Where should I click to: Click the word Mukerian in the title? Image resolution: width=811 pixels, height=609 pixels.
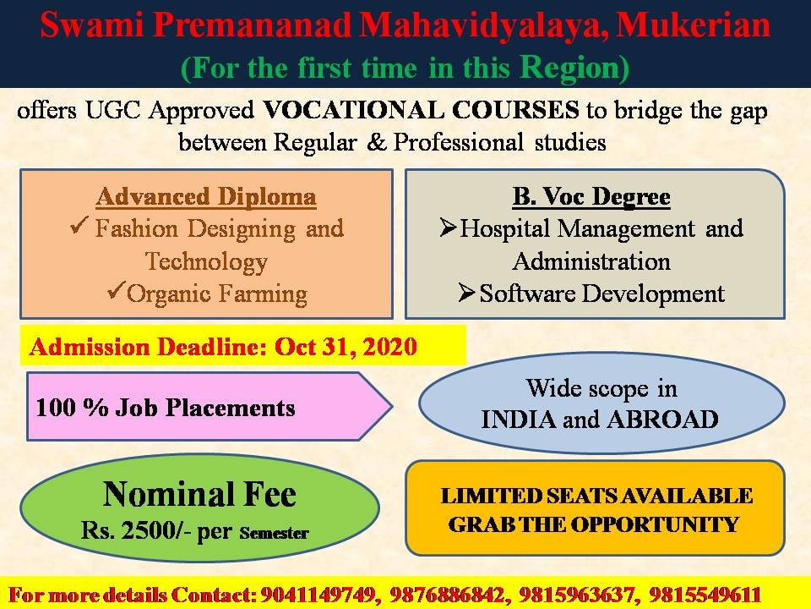693,25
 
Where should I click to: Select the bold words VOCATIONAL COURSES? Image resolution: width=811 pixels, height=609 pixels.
421,110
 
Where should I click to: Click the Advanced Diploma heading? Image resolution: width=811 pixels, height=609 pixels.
206,197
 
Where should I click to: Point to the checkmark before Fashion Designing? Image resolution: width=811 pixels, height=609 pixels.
79,225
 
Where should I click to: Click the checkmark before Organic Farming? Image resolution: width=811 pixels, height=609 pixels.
117,290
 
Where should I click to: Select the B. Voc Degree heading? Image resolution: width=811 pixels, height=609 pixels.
591,197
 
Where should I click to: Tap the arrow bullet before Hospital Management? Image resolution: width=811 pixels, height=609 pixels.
448,228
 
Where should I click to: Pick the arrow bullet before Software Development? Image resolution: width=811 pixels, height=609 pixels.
467,293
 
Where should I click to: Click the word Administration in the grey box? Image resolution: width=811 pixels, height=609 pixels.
591,261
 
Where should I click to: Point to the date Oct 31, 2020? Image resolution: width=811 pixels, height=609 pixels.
346,347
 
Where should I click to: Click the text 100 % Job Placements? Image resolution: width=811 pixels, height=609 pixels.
166,408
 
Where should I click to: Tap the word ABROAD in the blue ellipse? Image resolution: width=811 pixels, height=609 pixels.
663,420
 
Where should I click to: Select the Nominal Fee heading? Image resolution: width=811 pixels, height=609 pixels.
199,494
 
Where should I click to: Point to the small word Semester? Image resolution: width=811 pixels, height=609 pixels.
274,533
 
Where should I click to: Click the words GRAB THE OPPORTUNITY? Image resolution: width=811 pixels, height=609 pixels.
594,524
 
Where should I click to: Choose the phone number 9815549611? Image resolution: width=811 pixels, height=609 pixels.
705,595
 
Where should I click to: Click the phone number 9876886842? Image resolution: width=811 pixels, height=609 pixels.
447,595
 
